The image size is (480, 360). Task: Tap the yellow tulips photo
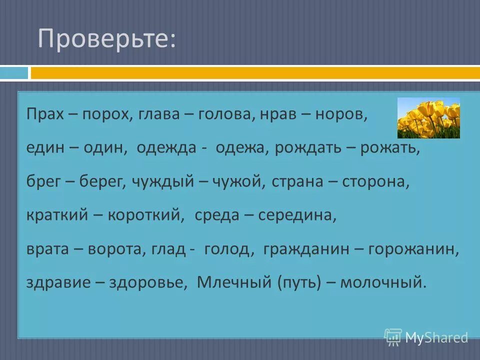[428, 118]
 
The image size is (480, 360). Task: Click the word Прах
[44, 114]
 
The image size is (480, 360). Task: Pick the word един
[43, 148]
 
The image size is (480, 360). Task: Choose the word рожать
[390, 148]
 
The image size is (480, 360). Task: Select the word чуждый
[162, 182]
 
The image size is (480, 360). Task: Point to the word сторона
[375, 182]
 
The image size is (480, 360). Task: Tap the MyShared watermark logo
[426, 337]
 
